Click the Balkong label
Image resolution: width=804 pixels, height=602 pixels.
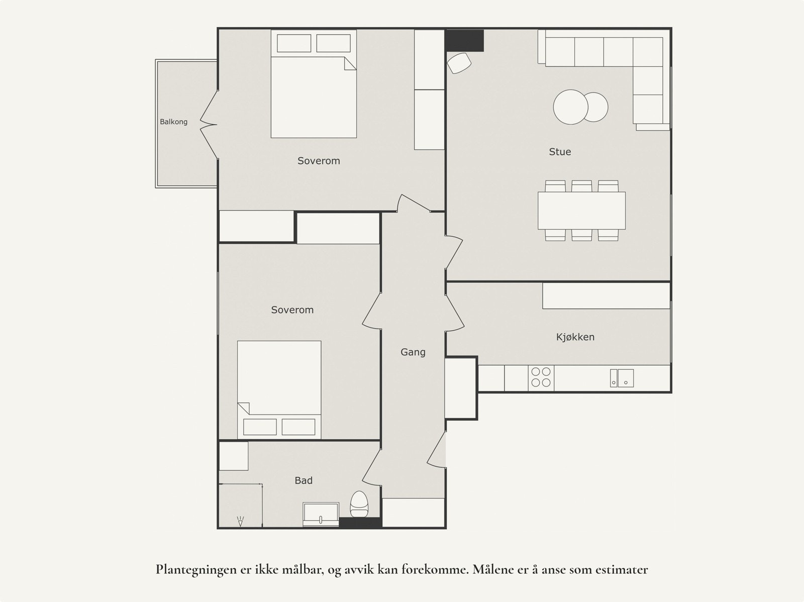[x=174, y=122]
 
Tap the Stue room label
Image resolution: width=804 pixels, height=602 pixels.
[x=560, y=152]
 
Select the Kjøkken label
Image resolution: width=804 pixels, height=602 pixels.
[x=575, y=337]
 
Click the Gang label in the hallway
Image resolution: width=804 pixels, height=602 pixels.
[x=413, y=352]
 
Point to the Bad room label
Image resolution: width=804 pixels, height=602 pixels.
[x=304, y=480]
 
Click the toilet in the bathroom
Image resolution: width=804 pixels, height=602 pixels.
[x=359, y=505]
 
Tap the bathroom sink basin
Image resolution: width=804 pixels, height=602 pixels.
[x=321, y=515]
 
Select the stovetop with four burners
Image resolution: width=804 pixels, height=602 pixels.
[x=541, y=377]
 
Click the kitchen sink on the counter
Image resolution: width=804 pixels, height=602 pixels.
[x=622, y=378]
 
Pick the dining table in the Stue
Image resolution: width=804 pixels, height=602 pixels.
[x=582, y=211]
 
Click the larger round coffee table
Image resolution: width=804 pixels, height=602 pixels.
[x=570, y=107]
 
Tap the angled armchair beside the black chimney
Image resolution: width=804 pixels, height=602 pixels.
[x=459, y=63]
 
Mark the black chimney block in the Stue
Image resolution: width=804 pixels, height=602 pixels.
[x=464, y=41]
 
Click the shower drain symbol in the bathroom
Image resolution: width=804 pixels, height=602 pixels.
[x=240, y=521]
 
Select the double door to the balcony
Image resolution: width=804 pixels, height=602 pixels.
[x=209, y=125]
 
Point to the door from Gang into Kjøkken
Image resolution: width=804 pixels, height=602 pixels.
[x=455, y=313]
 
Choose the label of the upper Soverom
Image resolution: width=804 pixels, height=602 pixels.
[x=319, y=161]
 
